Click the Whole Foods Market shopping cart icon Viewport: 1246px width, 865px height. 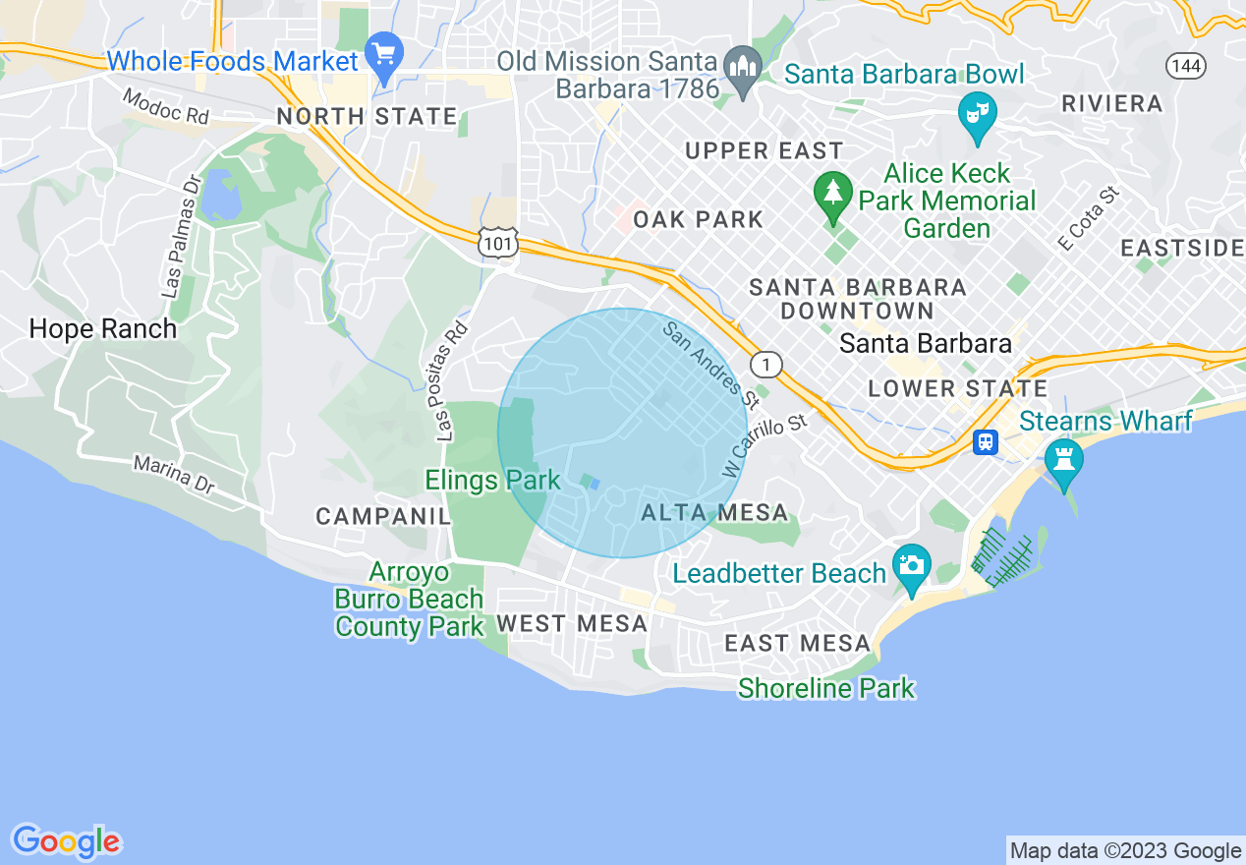coord(383,54)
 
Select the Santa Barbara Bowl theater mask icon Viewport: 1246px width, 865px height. coord(977,115)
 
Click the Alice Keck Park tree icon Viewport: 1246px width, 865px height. coord(833,191)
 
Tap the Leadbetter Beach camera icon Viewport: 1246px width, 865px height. coord(912,567)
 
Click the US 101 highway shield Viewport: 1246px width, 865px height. coord(498,246)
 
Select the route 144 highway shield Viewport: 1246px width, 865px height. coord(1186,66)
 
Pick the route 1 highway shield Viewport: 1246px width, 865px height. coord(766,365)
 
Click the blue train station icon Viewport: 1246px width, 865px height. coord(985,442)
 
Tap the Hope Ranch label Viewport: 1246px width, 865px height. coord(103,328)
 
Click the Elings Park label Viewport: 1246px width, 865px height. coord(492,480)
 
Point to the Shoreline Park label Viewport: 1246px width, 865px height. coord(826,688)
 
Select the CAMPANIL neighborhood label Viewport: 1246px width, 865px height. coord(382,516)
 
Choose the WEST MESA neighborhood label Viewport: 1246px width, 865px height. coord(572,623)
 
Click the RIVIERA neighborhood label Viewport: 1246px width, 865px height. coord(1112,103)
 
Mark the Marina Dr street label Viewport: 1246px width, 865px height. coord(174,475)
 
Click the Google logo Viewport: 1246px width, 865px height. coord(66,841)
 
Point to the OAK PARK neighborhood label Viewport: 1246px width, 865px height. coord(698,219)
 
